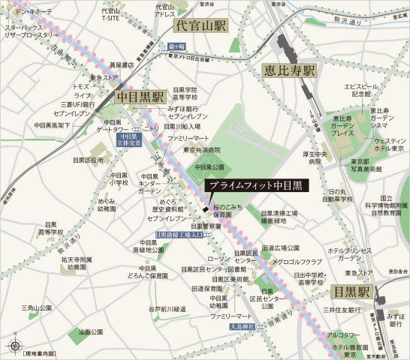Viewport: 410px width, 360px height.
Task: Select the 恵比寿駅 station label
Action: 290,71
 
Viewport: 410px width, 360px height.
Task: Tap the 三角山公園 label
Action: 36,308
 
